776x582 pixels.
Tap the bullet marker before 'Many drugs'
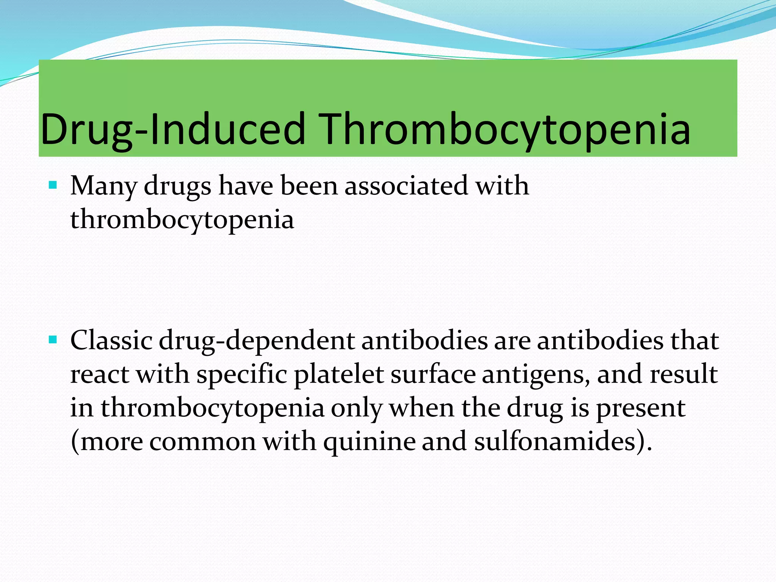[x=53, y=185]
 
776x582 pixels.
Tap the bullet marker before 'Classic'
[x=53, y=339]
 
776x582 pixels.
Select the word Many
[x=103, y=186]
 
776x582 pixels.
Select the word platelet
[x=339, y=375]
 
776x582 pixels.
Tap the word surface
[x=433, y=374]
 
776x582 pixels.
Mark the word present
[x=640, y=408]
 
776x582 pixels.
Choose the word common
[x=203, y=442]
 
